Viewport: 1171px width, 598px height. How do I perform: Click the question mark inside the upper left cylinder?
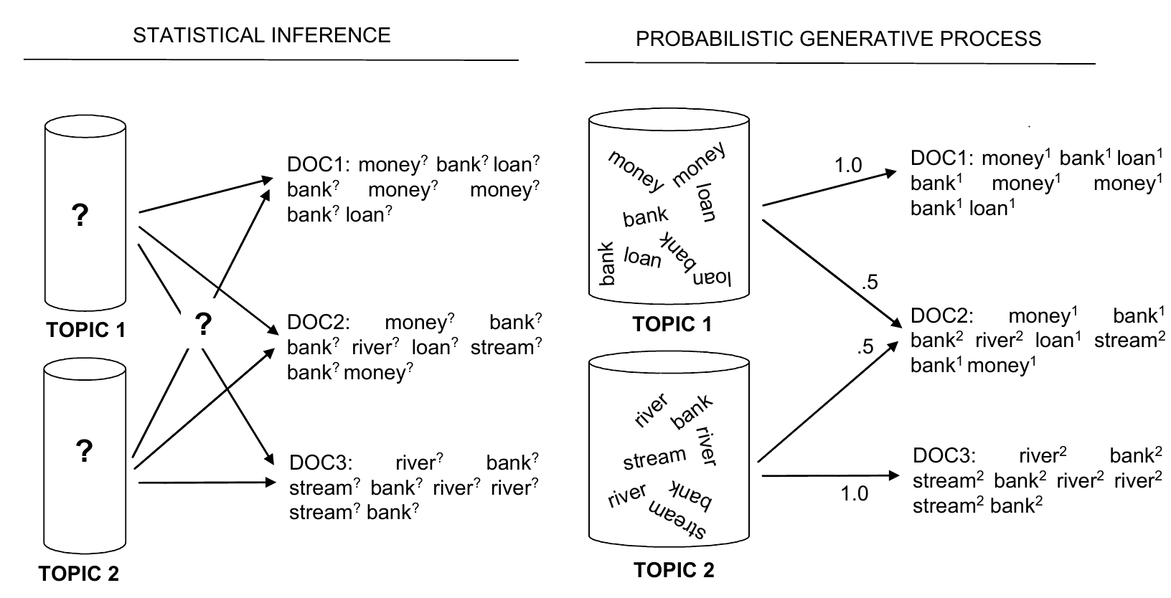(80, 214)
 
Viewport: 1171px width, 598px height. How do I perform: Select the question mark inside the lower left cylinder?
(84, 451)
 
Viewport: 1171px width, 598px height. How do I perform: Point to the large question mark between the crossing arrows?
(204, 325)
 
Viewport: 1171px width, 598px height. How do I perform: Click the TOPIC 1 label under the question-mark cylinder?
(86, 330)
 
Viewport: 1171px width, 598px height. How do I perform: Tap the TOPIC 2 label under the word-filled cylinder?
(674, 570)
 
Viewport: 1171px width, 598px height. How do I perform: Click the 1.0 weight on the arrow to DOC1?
(847, 166)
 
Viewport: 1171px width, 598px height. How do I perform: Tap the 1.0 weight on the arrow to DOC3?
(854, 493)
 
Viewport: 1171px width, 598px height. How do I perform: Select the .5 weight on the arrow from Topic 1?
(869, 283)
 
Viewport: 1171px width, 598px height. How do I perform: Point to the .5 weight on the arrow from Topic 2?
(865, 348)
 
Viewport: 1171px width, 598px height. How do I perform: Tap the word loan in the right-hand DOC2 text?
(1053, 341)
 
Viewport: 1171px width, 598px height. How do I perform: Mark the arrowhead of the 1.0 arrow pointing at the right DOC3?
(895, 475)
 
